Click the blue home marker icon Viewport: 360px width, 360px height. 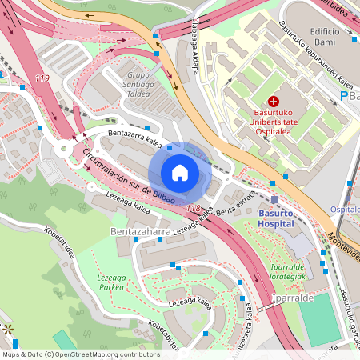[x=180, y=172]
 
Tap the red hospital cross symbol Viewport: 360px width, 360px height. [x=274, y=102]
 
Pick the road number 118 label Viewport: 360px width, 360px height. [x=193, y=209]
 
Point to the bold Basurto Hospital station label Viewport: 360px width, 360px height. [x=282, y=218]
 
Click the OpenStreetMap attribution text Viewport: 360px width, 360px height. [x=81, y=354]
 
